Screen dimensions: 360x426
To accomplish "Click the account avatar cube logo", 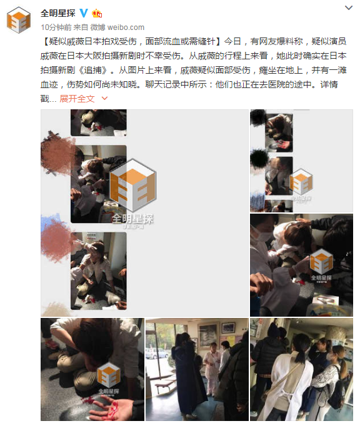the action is (x=19, y=21).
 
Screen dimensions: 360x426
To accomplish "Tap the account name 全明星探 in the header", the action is (x=58, y=12).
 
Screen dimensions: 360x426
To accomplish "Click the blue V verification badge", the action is (x=84, y=12).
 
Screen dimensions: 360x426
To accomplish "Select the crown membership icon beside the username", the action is (x=97, y=13).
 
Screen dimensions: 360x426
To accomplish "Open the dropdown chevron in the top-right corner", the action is (x=349, y=8).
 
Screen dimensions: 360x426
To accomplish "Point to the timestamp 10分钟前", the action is (x=56, y=27).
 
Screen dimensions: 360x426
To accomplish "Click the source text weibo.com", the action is (x=126, y=27).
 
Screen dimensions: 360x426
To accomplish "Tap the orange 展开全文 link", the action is (x=77, y=99).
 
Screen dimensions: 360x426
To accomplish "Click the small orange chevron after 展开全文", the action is (x=104, y=98).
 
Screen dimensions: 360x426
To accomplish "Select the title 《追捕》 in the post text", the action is (x=92, y=70).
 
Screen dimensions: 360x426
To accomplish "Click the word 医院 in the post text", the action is (x=276, y=84).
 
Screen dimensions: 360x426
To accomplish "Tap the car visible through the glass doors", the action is (x=157, y=353).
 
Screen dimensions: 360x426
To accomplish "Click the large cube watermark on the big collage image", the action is (x=132, y=186).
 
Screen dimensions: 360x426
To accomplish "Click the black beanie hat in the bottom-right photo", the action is (x=274, y=330).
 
